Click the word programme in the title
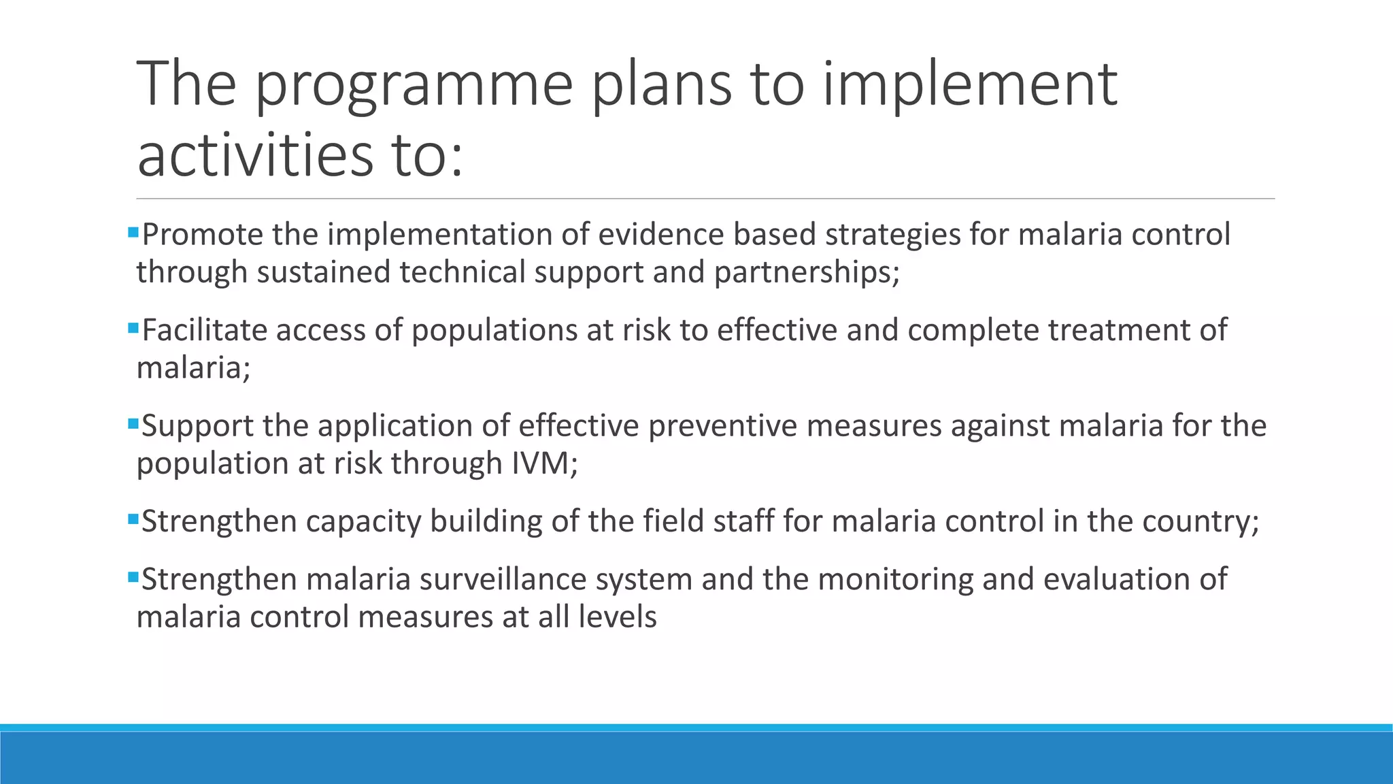[414, 85]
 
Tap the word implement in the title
[969, 85]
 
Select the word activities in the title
[255, 155]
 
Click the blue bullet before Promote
[133, 233]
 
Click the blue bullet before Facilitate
[133, 329]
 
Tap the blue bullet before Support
[133, 425]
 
